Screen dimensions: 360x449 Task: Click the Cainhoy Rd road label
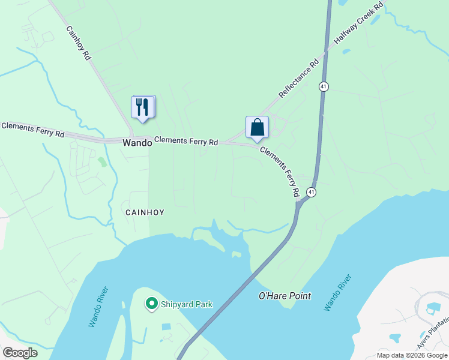click(x=79, y=43)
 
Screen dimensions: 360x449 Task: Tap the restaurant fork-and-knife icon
click(x=143, y=107)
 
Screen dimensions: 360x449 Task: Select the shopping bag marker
click(x=257, y=127)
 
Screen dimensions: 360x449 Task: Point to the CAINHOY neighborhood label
click(x=145, y=212)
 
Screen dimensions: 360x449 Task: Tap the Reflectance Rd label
click(x=298, y=79)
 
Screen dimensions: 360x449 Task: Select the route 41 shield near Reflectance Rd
click(x=324, y=86)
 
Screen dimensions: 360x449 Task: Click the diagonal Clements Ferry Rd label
click(x=280, y=172)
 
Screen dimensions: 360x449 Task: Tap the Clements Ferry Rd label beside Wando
click(x=186, y=142)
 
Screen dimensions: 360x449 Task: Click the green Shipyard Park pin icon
click(x=152, y=304)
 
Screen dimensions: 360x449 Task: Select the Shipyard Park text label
click(x=187, y=304)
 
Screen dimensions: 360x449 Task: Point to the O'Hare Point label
click(x=285, y=296)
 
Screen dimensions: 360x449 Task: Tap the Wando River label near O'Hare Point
click(x=336, y=293)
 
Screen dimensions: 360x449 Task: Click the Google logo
click(x=20, y=353)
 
